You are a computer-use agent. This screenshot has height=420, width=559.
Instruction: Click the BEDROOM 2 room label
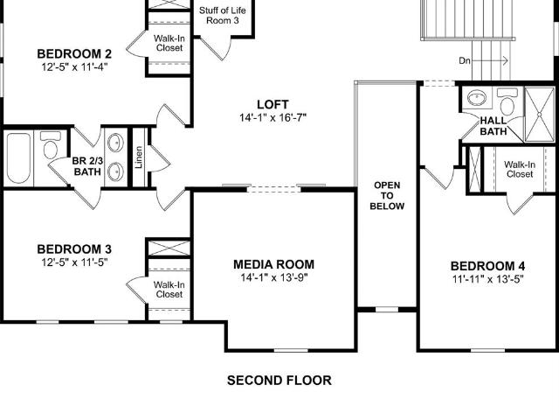(74, 54)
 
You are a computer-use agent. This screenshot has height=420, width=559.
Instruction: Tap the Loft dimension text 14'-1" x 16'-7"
(273, 117)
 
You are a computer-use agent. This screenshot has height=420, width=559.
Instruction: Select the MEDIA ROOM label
(273, 264)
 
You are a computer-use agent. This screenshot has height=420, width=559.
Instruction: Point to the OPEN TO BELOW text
(387, 196)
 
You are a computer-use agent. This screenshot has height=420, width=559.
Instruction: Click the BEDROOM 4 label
(487, 266)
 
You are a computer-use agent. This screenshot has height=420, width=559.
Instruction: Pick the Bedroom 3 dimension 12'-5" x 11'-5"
(74, 262)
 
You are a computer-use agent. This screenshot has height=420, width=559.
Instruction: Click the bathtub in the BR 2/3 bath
(18, 157)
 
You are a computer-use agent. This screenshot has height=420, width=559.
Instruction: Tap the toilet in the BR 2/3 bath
(51, 145)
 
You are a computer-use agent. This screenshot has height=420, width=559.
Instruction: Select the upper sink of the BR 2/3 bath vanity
(115, 143)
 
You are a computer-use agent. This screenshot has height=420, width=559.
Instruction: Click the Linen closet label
(139, 157)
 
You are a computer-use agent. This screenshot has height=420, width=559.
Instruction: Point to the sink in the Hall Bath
(477, 98)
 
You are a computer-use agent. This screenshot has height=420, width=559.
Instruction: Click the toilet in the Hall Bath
(507, 101)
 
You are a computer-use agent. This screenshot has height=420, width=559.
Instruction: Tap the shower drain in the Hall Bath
(540, 115)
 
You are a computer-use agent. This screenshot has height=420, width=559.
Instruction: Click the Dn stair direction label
(465, 60)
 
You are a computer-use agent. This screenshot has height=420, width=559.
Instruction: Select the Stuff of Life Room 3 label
(223, 16)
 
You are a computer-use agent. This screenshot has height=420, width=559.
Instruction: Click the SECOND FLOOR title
(279, 381)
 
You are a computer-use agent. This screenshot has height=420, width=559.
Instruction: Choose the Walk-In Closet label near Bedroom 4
(520, 169)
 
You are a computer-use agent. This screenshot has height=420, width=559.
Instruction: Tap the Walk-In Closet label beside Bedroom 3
(169, 290)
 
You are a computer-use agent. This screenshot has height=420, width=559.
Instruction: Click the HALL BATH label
(493, 126)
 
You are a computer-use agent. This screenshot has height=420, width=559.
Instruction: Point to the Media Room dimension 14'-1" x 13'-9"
(273, 277)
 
